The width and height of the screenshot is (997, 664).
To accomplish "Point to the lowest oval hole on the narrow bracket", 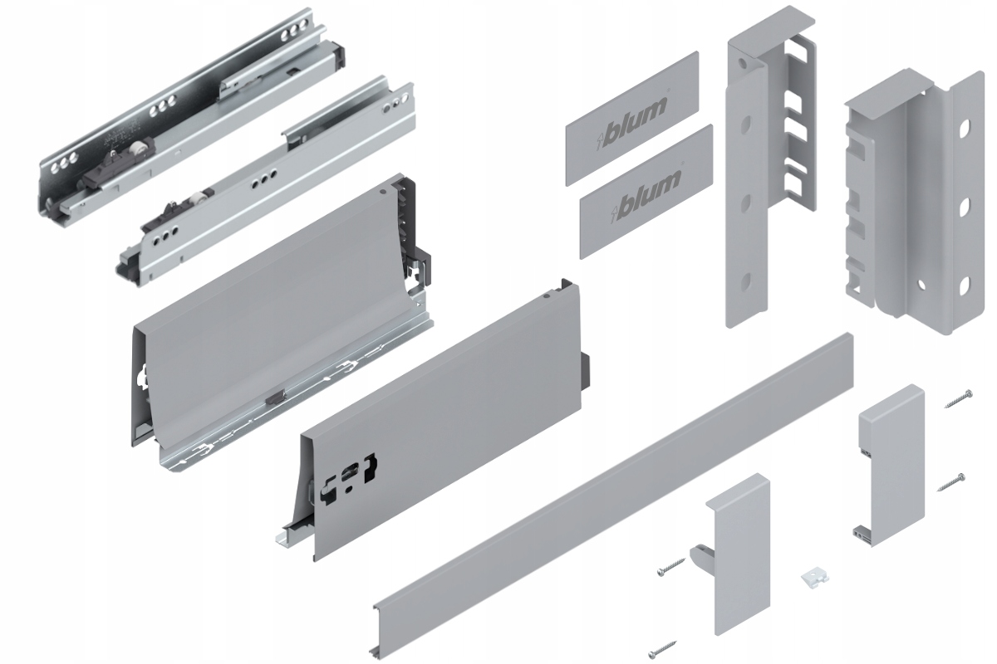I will coord(745,281).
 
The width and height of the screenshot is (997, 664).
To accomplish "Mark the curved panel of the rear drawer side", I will coord(266,315).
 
